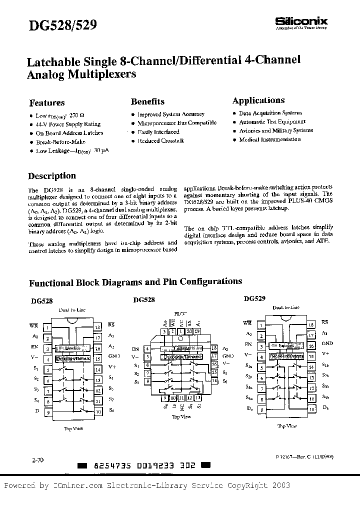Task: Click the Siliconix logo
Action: click(301, 21)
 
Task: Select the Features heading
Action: click(47, 102)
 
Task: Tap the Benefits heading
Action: click(147, 101)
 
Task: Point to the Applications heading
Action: click(258, 100)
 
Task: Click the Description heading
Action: click(52, 176)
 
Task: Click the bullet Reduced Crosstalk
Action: click(160, 141)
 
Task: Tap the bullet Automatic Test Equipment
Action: click(272, 122)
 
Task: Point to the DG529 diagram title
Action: click(254, 298)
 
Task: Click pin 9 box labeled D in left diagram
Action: click(47, 413)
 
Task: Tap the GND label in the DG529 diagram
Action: click(327, 344)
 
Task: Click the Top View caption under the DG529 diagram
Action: click(287, 426)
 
